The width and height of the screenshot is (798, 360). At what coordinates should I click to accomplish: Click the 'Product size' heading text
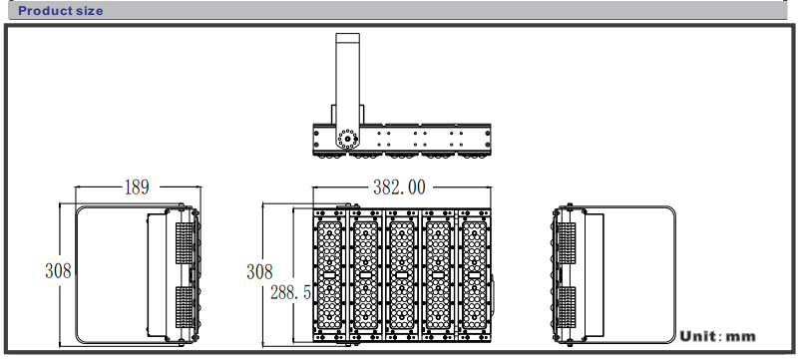[61, 11]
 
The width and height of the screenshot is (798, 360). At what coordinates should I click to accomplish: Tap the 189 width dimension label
[137, 187]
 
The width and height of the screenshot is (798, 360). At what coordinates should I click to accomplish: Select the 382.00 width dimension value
[399, 187]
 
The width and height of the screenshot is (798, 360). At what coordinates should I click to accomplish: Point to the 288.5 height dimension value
[290, 292]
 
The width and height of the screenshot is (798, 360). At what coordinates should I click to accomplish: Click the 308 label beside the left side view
[58, 270]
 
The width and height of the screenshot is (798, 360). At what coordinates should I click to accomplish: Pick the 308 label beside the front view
[259, 271]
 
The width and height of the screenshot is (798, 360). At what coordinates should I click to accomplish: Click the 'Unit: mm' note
[717, 336]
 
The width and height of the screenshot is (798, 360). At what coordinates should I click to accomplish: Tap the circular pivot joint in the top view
[347, 138]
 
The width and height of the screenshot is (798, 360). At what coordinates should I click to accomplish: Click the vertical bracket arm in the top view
[347, 82]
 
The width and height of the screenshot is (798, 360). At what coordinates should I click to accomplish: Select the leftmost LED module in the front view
[329, 275]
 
